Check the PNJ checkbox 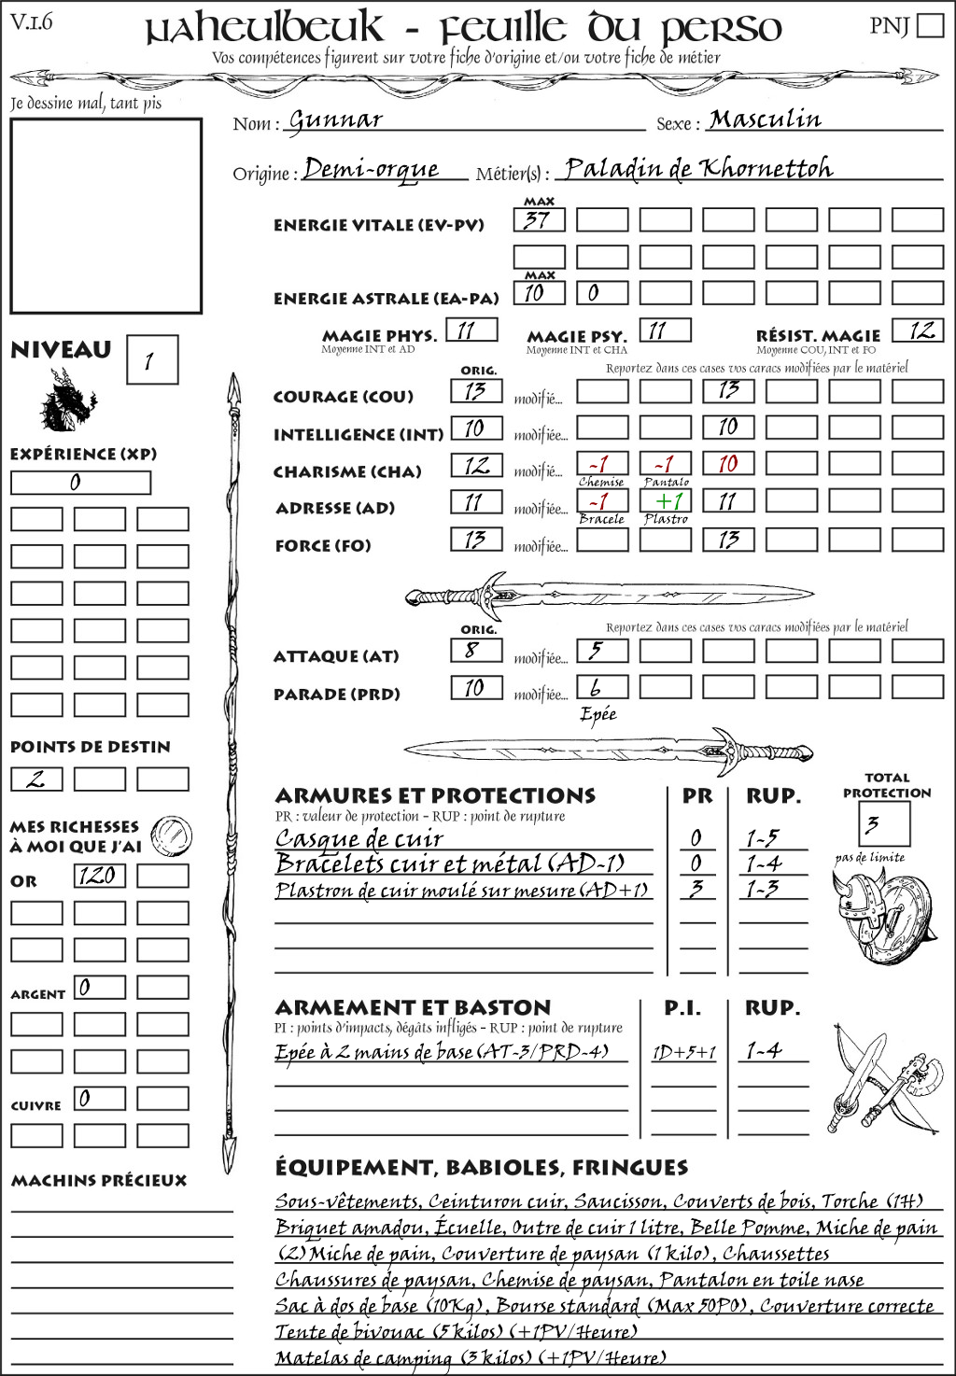[x=930, y=25]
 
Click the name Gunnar [x=335, y=119]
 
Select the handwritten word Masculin [x=765, y=119]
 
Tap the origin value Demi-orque [x=371, y=169]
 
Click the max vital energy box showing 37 [x=539, y=220]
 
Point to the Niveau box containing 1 [x=151, y=360]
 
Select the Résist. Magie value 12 [x=918, y=330]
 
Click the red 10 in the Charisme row [x=728, y=464]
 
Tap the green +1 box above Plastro [x=665, y=501]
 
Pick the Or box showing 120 [x=99, y=876]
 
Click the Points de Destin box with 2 [x=36, y=779]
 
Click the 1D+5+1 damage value [x=683, y=1053]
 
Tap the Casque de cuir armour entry [x=359, y=838]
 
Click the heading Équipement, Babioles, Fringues [x=481, y=1168]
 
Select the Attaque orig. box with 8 [x=475, y=651]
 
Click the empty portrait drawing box [x=105, y=216]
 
